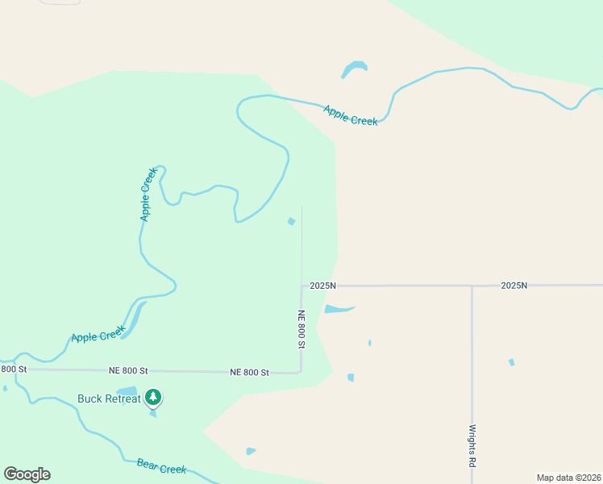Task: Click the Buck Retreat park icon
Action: pos(153,397)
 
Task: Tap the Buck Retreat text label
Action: pos(109,398)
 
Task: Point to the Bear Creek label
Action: pos(161,466)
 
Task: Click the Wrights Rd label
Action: pos(472,447)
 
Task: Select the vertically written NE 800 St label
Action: pos(301,329)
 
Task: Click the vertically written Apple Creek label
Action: pos(148,194)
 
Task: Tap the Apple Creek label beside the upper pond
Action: pos(351,115)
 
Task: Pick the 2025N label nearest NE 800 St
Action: pos(322,286)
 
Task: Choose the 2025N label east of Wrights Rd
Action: pos(514,286)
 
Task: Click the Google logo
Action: pos(27,474)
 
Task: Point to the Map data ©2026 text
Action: pos(569,478)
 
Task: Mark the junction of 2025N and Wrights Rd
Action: pos(472,286)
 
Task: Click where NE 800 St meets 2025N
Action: pos(301,286)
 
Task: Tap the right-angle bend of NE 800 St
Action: pos(301,372)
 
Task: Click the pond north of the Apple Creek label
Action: pos(354,68)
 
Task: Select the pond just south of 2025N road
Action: pos(336,308)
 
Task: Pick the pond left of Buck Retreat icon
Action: pos(127,392)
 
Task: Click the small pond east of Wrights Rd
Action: pos(511,362)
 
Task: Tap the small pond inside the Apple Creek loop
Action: pos(291,221)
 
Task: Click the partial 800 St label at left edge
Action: pos(14,369)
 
